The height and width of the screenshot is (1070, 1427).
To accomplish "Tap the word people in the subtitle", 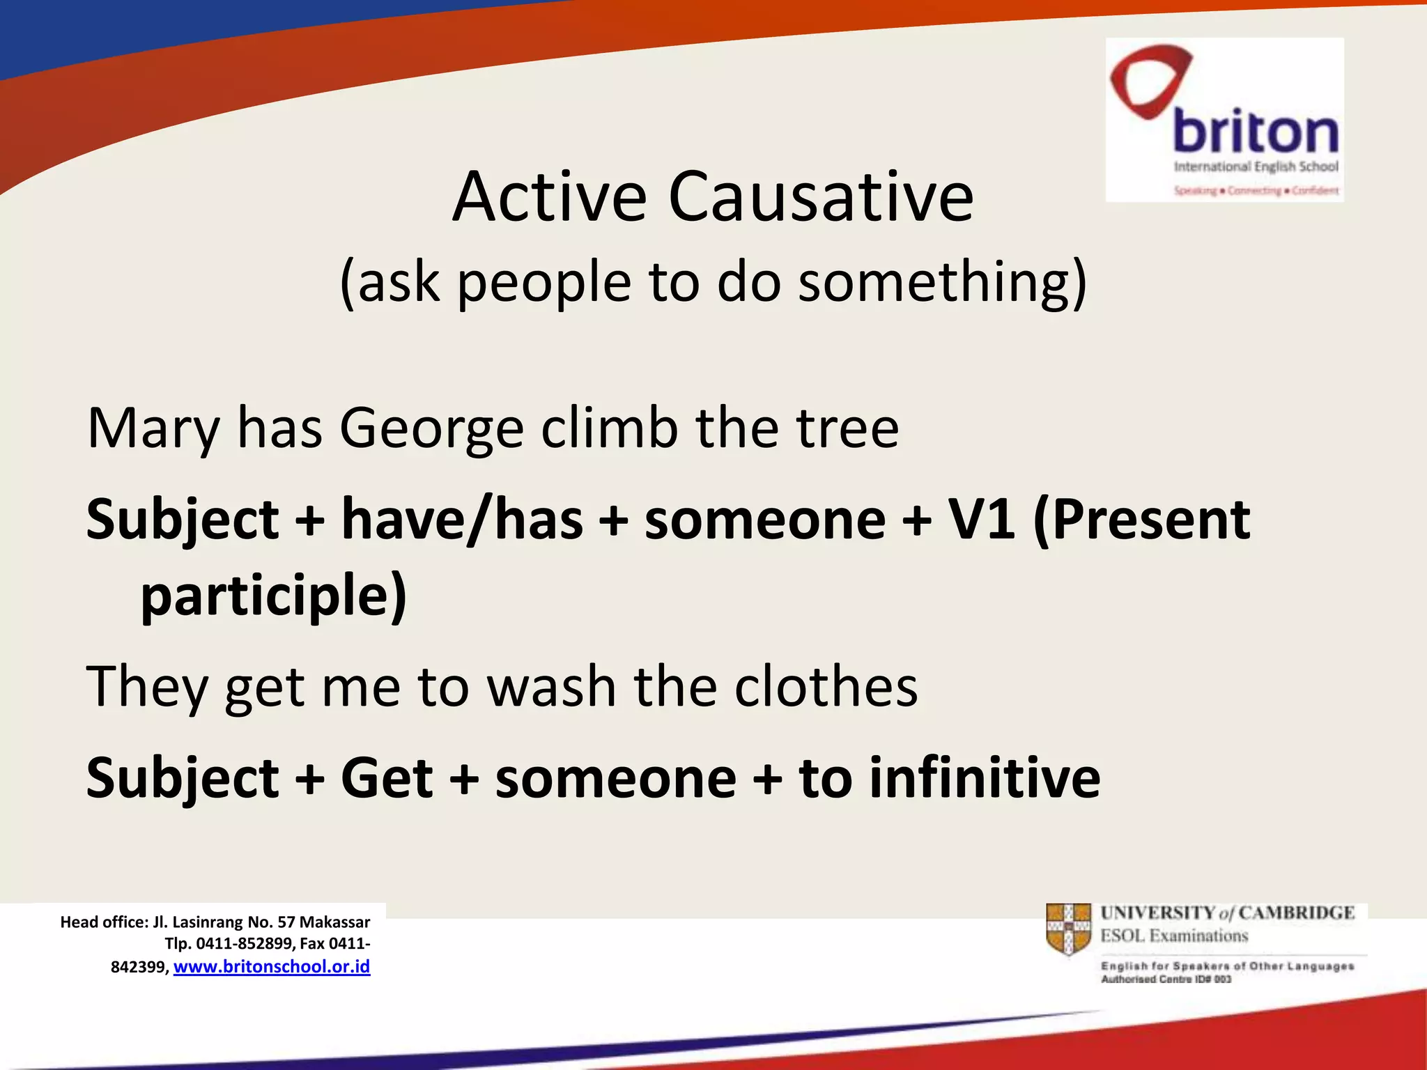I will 543,282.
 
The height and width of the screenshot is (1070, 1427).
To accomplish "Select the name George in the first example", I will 431,428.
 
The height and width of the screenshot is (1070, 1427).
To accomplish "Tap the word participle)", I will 273,596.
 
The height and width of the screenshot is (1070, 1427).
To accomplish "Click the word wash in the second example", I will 550,687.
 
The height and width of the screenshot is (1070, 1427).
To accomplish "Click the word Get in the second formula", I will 387,778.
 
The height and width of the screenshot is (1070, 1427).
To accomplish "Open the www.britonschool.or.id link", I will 272,967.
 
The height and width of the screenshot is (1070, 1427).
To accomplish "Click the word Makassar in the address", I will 334,922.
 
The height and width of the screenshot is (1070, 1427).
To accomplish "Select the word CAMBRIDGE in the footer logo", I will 1296,913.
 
